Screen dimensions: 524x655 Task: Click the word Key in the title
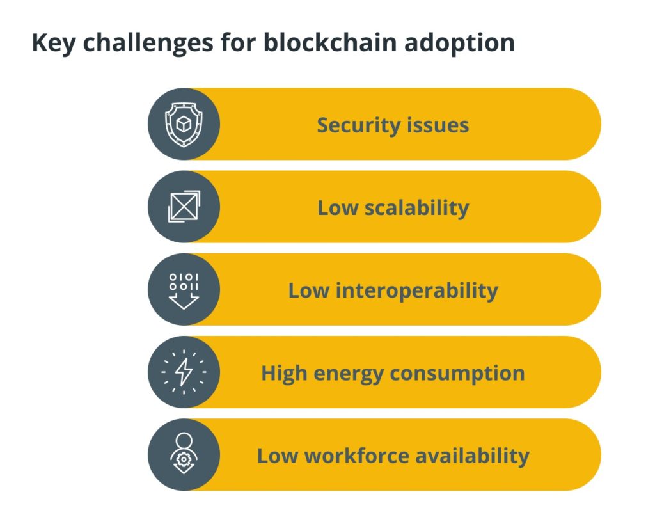click(52, 44)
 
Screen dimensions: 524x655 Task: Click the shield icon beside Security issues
click(184, 124)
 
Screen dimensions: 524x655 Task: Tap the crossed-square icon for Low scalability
click(184, 207)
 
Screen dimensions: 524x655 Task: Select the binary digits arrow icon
click(184, 290)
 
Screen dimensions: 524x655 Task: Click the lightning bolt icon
click(184, 372)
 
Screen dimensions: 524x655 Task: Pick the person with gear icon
click(184, 455)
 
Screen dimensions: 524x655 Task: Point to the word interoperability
click(418, 290)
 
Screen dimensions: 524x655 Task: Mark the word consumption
click(459, 374)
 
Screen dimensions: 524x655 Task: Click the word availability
click(473, 456)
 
